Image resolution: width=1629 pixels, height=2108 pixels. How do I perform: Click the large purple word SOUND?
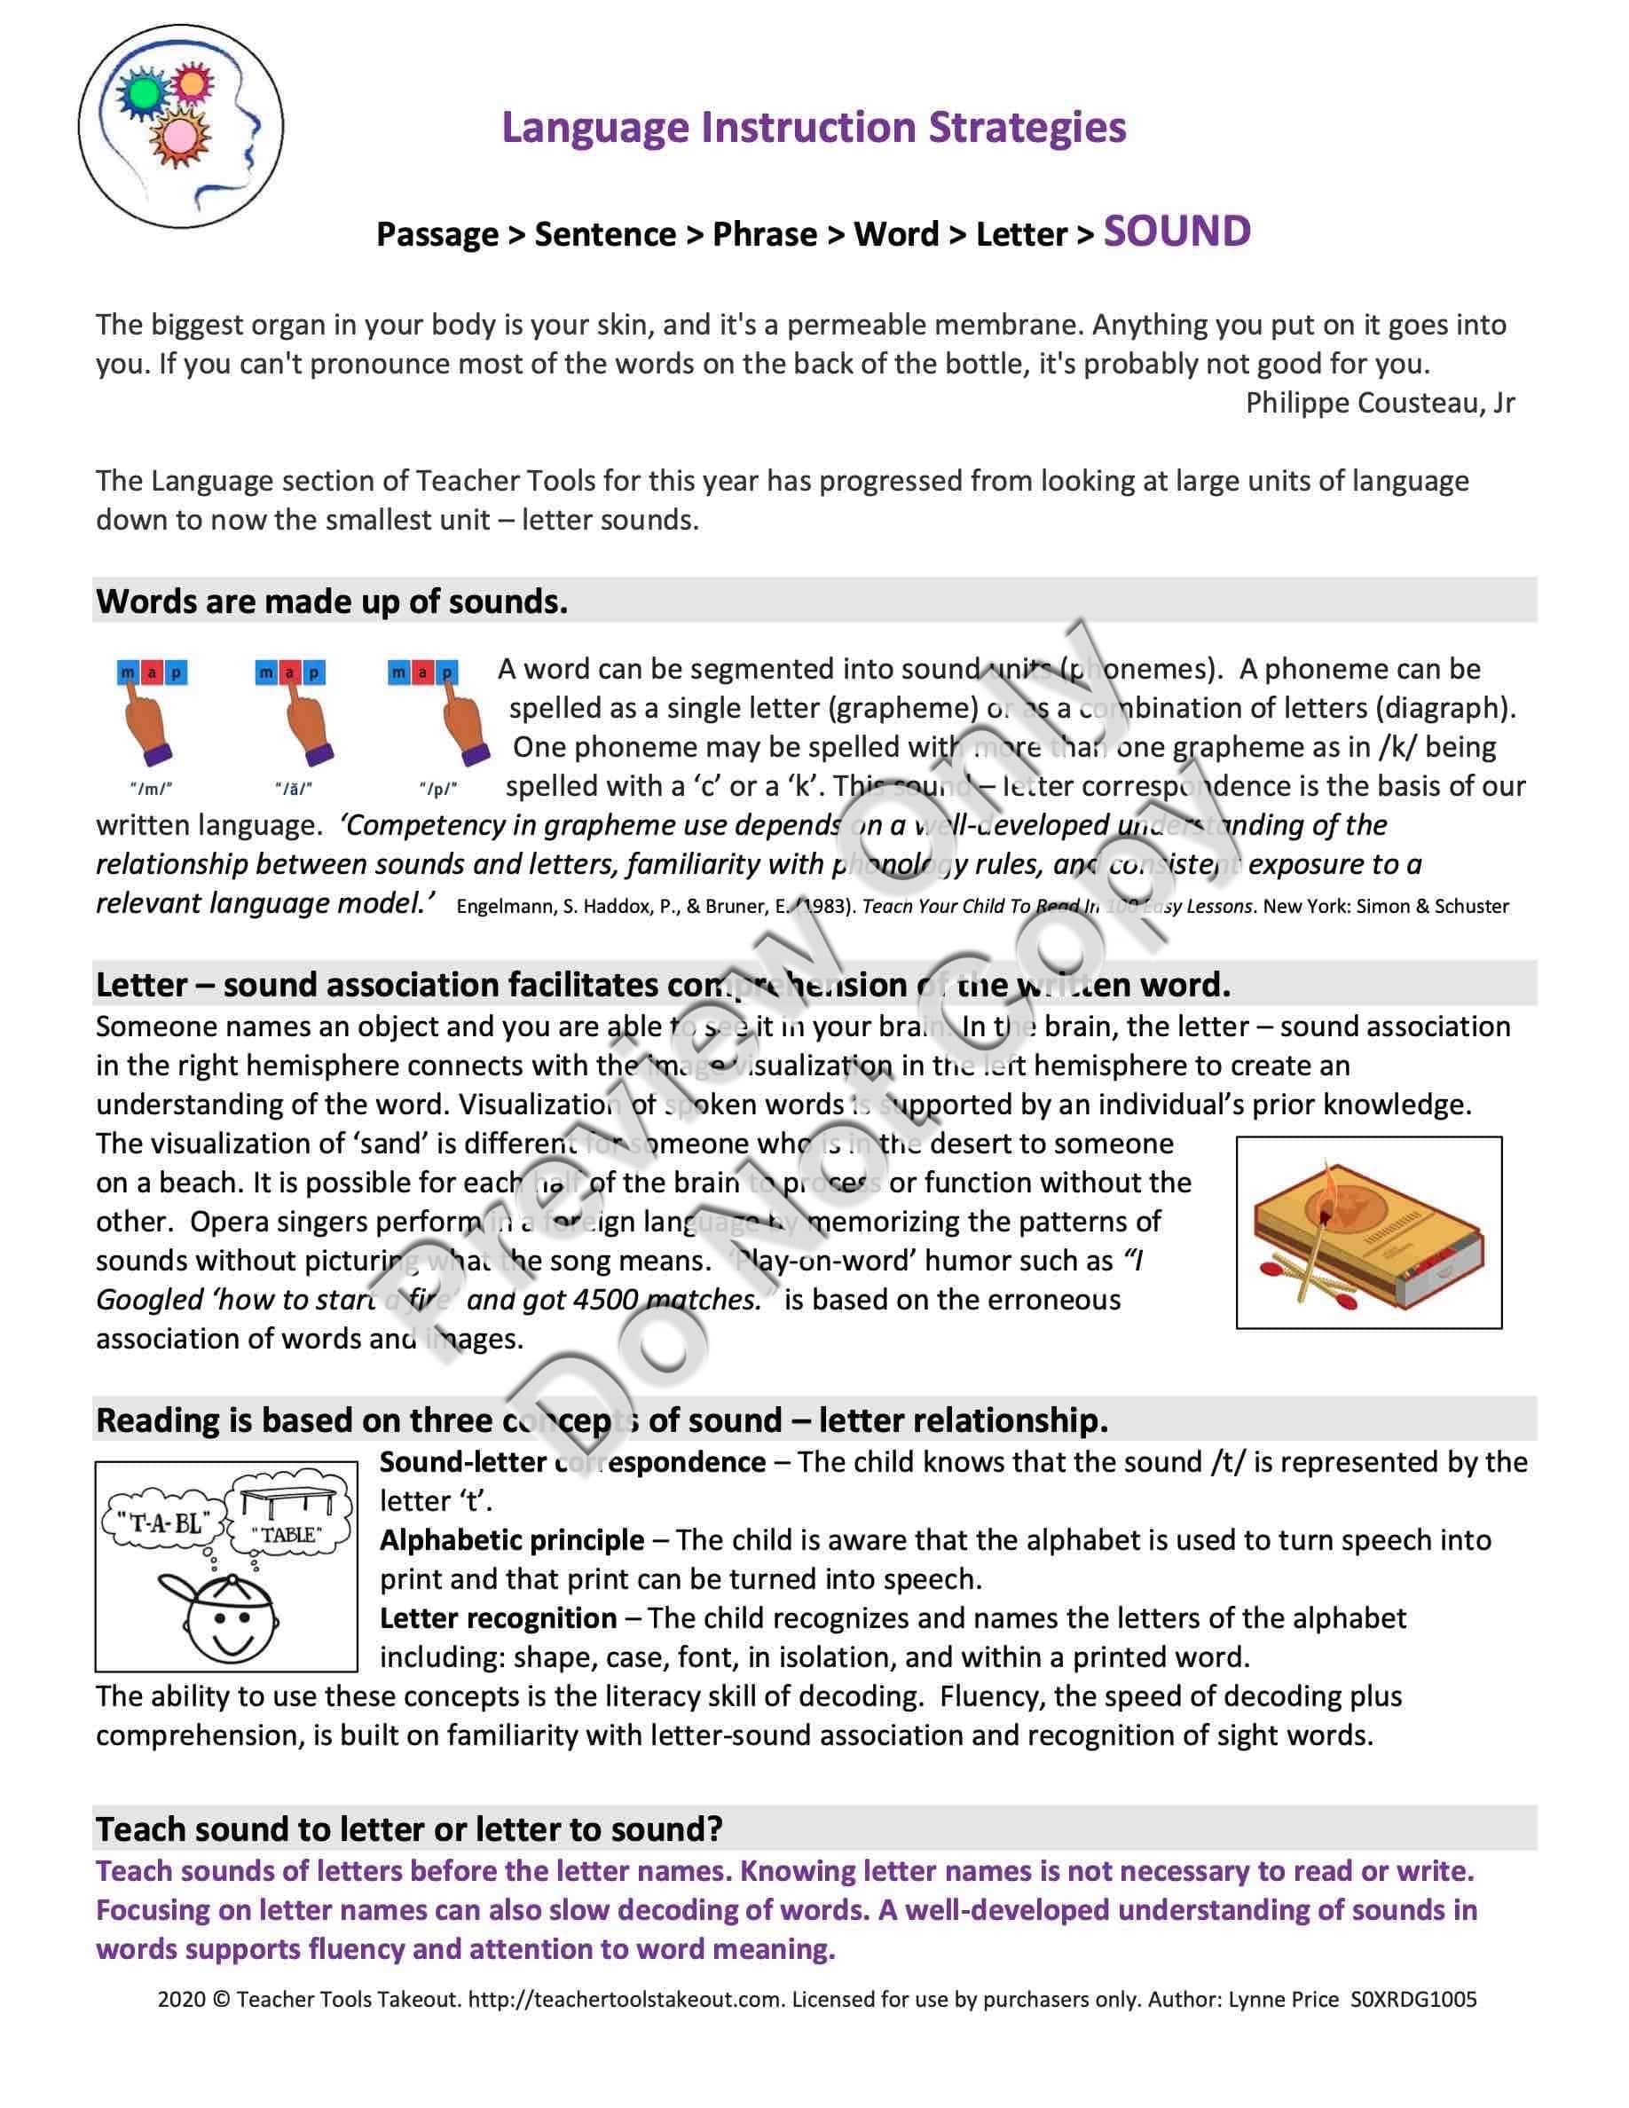1176,232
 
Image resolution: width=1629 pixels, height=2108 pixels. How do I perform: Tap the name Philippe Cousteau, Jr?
1379,403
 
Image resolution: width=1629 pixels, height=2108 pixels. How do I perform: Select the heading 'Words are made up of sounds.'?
332,602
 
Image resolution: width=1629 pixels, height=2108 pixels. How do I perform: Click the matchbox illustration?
1367,1232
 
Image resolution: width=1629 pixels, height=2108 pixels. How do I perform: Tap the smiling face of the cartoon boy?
229,1623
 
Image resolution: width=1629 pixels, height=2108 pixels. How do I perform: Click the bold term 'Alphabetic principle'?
511,1540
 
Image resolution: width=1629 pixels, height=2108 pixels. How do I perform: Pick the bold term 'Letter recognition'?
498,1618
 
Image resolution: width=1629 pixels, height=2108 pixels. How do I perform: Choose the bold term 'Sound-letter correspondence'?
572,1462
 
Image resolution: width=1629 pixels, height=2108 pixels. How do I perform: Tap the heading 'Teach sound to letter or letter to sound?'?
409,1829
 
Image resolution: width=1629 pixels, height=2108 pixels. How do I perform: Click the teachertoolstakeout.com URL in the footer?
625,1999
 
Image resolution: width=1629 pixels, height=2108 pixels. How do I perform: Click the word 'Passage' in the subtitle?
437,234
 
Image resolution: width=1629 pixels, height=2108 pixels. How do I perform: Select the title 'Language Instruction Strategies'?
814,128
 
